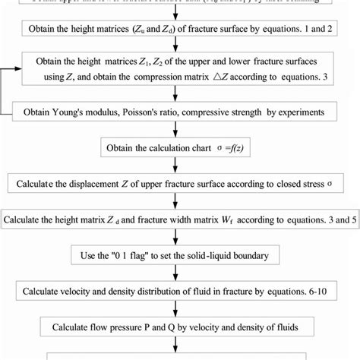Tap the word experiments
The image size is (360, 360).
click(297, 112)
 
